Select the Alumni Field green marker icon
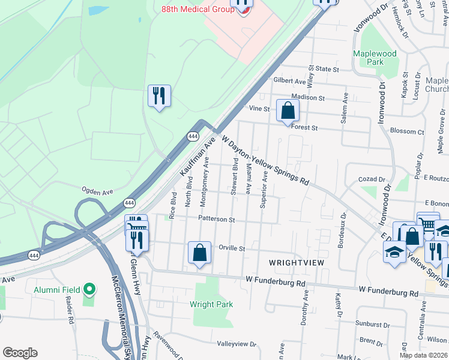tap(89, 290)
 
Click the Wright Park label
tap(211, 304)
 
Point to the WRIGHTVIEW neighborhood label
tap(296, 263)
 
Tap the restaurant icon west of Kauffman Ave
tap(159, 96)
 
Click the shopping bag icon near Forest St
tap(288, 110)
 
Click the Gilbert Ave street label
tap(289, 81)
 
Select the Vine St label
tap(259, 109)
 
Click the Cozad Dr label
tap(370, 179)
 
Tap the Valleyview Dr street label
tap(237, 344)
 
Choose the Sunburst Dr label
tap(372, 324)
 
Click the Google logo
tap(20, 353)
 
